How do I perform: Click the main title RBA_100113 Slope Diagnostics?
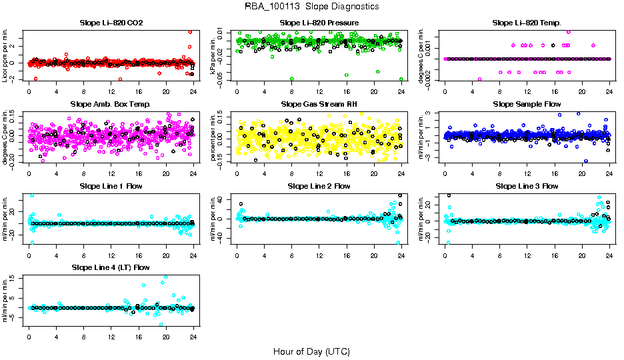311,7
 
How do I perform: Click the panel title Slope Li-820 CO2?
111,23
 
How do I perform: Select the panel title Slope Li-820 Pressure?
319,23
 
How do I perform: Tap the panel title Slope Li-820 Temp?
527,23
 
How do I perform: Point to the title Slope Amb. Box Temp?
111,105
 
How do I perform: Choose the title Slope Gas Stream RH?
319,105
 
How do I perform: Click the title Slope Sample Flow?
527,105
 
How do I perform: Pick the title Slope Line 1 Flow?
111,186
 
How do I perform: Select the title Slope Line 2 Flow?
319,186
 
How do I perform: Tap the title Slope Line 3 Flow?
527,186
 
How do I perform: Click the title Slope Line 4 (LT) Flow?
111,267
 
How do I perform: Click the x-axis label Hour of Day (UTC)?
311,351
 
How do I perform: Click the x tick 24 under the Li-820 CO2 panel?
193,91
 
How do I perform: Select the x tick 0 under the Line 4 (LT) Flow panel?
29,335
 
